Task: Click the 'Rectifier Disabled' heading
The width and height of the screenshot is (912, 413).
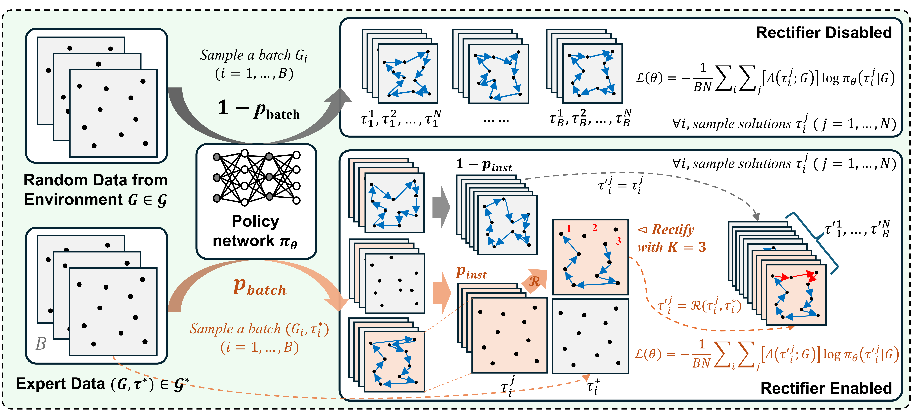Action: [824, 33]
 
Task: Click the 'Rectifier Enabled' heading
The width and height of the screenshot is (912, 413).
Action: [826, 388]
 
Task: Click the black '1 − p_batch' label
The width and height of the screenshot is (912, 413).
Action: [259, 109]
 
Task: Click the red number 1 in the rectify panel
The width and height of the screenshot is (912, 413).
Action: [569, 229]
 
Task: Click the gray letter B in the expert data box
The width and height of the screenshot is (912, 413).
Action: [41, 343]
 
